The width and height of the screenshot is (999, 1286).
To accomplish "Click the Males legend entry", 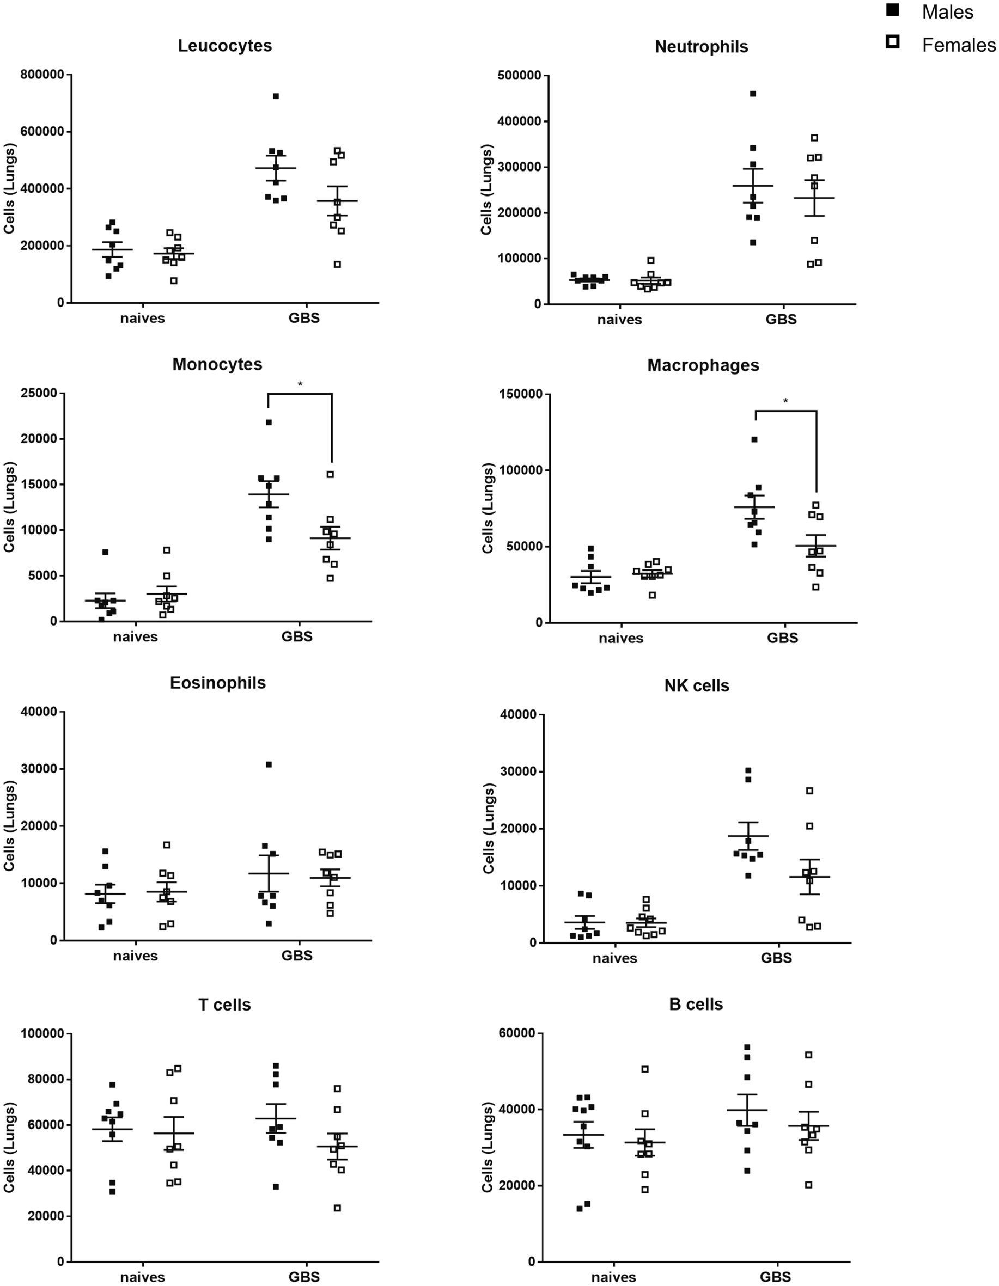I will coord(947,13).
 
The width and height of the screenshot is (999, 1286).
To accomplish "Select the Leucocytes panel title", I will coord(224,46).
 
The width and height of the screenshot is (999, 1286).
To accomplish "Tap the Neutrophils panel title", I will coord(701,47).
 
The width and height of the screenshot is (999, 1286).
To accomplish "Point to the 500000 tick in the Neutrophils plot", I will coord(519,76).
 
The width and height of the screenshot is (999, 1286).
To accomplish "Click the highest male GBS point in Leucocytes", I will coord(276,96).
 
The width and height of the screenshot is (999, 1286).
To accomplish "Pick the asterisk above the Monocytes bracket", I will coord(300,384).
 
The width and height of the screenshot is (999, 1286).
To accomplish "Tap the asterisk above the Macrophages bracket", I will coord(785,402).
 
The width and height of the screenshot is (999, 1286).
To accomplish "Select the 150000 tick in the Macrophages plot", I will coord(519,394).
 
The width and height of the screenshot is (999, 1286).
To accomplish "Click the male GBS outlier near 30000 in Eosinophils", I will coord(269,765).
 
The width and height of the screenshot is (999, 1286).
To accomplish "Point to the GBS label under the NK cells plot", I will coord(776,958).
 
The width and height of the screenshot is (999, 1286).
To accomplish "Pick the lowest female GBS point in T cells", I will coord(338,1208).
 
